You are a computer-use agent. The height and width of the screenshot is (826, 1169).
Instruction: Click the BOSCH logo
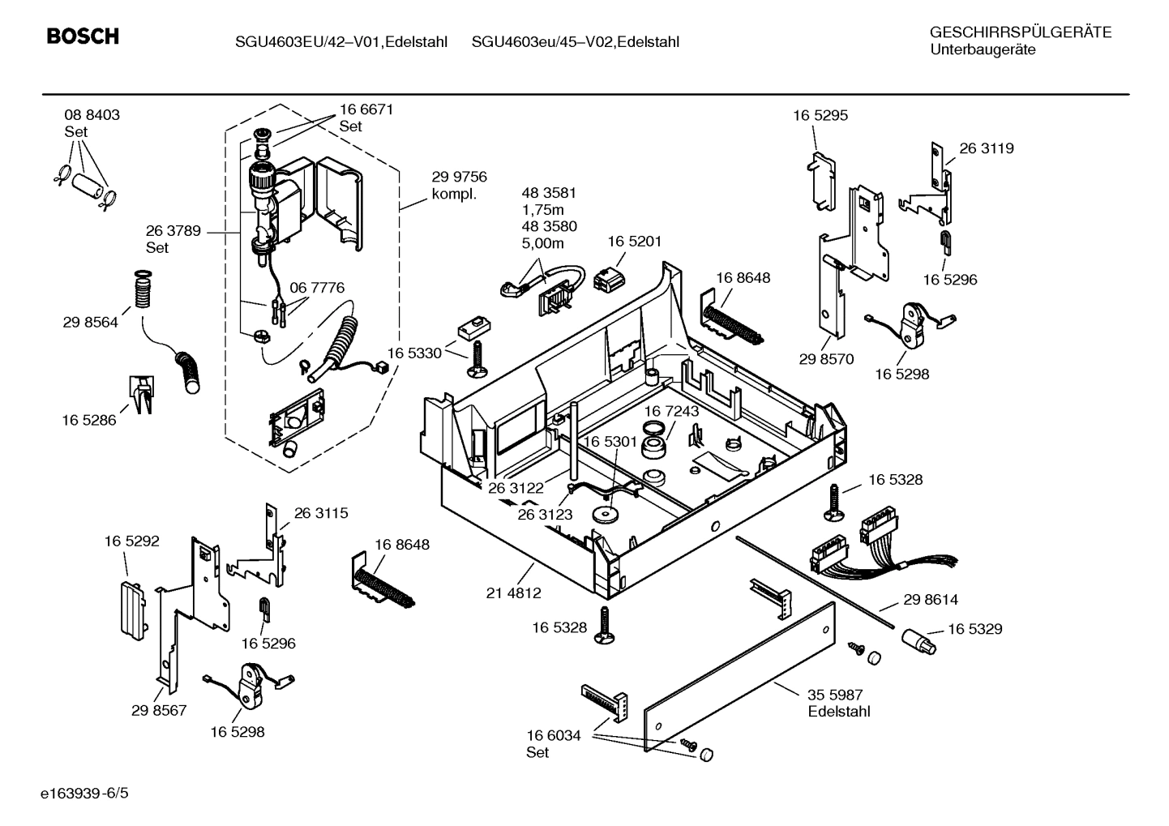83,36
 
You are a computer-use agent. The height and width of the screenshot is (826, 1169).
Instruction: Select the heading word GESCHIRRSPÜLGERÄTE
1020,32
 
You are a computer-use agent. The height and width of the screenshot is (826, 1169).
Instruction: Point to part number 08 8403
92,115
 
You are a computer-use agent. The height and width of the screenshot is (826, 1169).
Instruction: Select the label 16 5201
634,242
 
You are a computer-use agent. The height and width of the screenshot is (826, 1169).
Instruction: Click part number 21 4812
513,593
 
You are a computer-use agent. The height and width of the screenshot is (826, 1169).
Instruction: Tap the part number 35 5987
835,695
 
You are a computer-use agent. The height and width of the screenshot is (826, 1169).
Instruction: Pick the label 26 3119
986,148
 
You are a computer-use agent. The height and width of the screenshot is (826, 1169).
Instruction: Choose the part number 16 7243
671,411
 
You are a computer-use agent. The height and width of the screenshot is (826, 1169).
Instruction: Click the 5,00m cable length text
542,243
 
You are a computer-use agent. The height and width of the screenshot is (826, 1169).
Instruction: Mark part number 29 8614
930,600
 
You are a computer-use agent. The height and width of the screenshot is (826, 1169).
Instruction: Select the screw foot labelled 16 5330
476,358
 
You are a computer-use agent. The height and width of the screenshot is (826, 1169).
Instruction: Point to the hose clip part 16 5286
140,395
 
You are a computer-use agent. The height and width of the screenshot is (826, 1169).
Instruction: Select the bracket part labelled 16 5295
820,178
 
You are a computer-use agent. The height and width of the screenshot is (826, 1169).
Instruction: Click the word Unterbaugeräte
983,50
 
